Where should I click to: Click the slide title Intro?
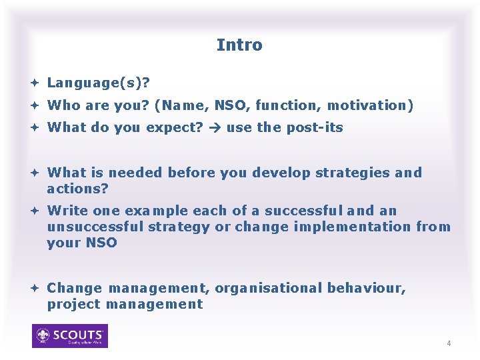pos(239,45)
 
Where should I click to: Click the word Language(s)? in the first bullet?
pos(99,83)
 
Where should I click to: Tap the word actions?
pos(77,189)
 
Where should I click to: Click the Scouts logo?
pos(70,336)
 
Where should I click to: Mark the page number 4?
pos(449,343)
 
